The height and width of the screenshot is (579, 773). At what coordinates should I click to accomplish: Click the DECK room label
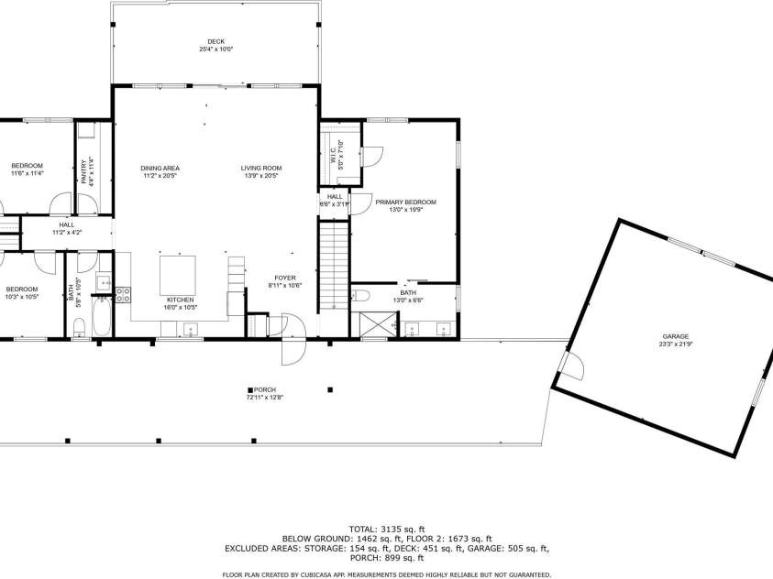(215, 41)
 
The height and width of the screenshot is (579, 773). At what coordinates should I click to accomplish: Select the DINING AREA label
(160, 168)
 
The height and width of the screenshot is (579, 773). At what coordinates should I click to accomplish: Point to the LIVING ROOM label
(261, 168)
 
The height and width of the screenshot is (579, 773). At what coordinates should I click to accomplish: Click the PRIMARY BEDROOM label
(405, 202)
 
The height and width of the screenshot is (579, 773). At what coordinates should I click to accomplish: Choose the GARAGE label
(676, 336)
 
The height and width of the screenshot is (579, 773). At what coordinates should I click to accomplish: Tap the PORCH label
(260, 389)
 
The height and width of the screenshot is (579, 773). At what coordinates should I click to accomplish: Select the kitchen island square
(178, 274)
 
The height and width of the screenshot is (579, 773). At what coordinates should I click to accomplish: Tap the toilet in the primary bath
(360, 295)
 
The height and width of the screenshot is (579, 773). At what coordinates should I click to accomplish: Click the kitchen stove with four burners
(123, 294)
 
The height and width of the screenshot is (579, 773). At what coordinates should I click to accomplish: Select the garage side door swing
(572, 368)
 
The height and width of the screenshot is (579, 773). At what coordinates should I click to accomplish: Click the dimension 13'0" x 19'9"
(405, 210)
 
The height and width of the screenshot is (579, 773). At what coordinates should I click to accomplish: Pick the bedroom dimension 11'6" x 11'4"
(27, 173)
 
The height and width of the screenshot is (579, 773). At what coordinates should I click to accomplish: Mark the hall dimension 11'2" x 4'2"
(67, 233)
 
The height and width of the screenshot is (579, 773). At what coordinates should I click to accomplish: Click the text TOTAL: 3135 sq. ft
(386, 529)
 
